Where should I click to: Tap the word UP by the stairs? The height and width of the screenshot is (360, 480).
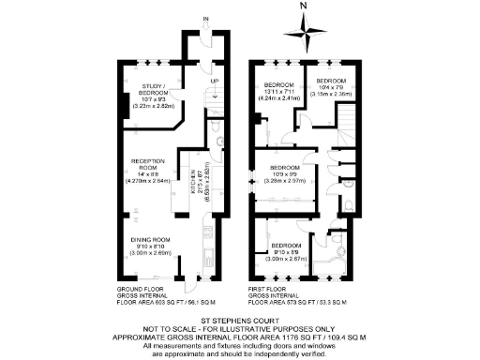coord(214,82)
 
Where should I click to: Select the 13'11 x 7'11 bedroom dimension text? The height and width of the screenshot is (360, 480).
coord(279,93)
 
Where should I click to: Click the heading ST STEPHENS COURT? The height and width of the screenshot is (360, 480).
coord(240,322)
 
